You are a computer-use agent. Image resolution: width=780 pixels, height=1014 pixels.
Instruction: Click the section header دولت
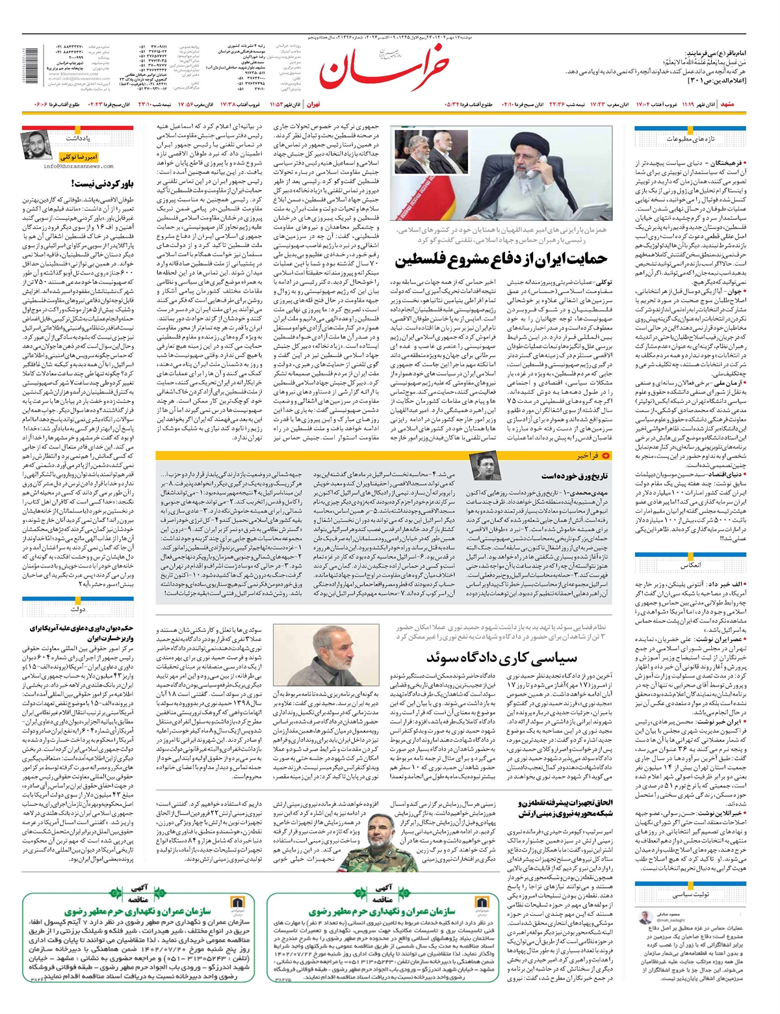77,610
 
